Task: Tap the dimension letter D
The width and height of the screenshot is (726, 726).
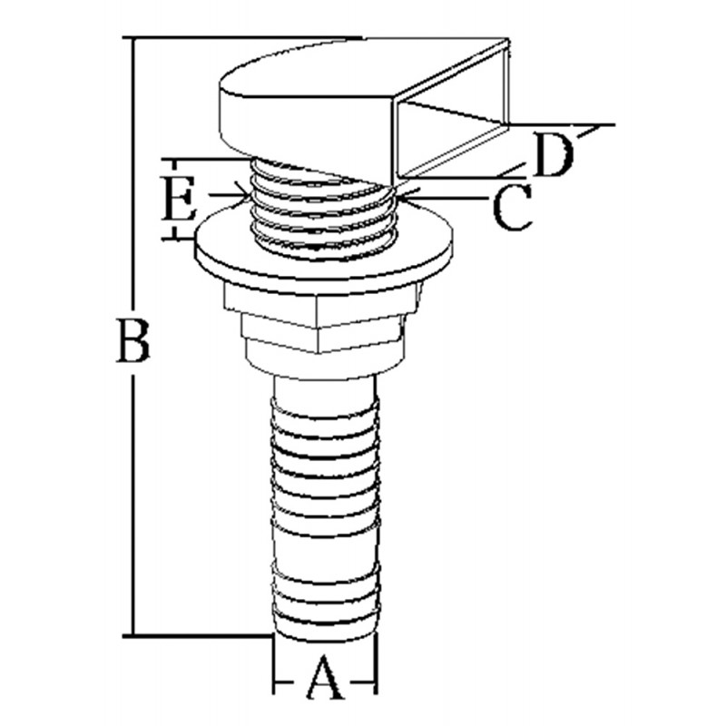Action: (553, 155)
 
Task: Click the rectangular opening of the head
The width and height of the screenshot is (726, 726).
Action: (451, 136)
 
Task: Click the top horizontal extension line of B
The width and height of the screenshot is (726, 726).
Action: (245, 38)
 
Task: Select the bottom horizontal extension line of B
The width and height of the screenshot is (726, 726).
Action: (200, 635)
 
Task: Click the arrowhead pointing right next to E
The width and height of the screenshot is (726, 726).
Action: (240, 193)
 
